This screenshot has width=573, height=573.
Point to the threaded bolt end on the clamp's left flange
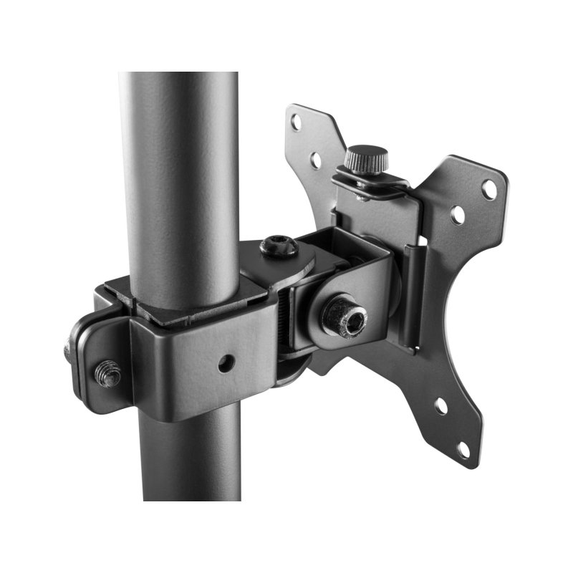point(107,373)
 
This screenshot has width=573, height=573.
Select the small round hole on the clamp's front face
point(227,363)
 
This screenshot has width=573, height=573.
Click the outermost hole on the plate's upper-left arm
point(297,122)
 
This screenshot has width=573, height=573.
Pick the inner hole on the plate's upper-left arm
point(315,160)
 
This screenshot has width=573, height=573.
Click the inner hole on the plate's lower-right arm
point(440,406)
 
